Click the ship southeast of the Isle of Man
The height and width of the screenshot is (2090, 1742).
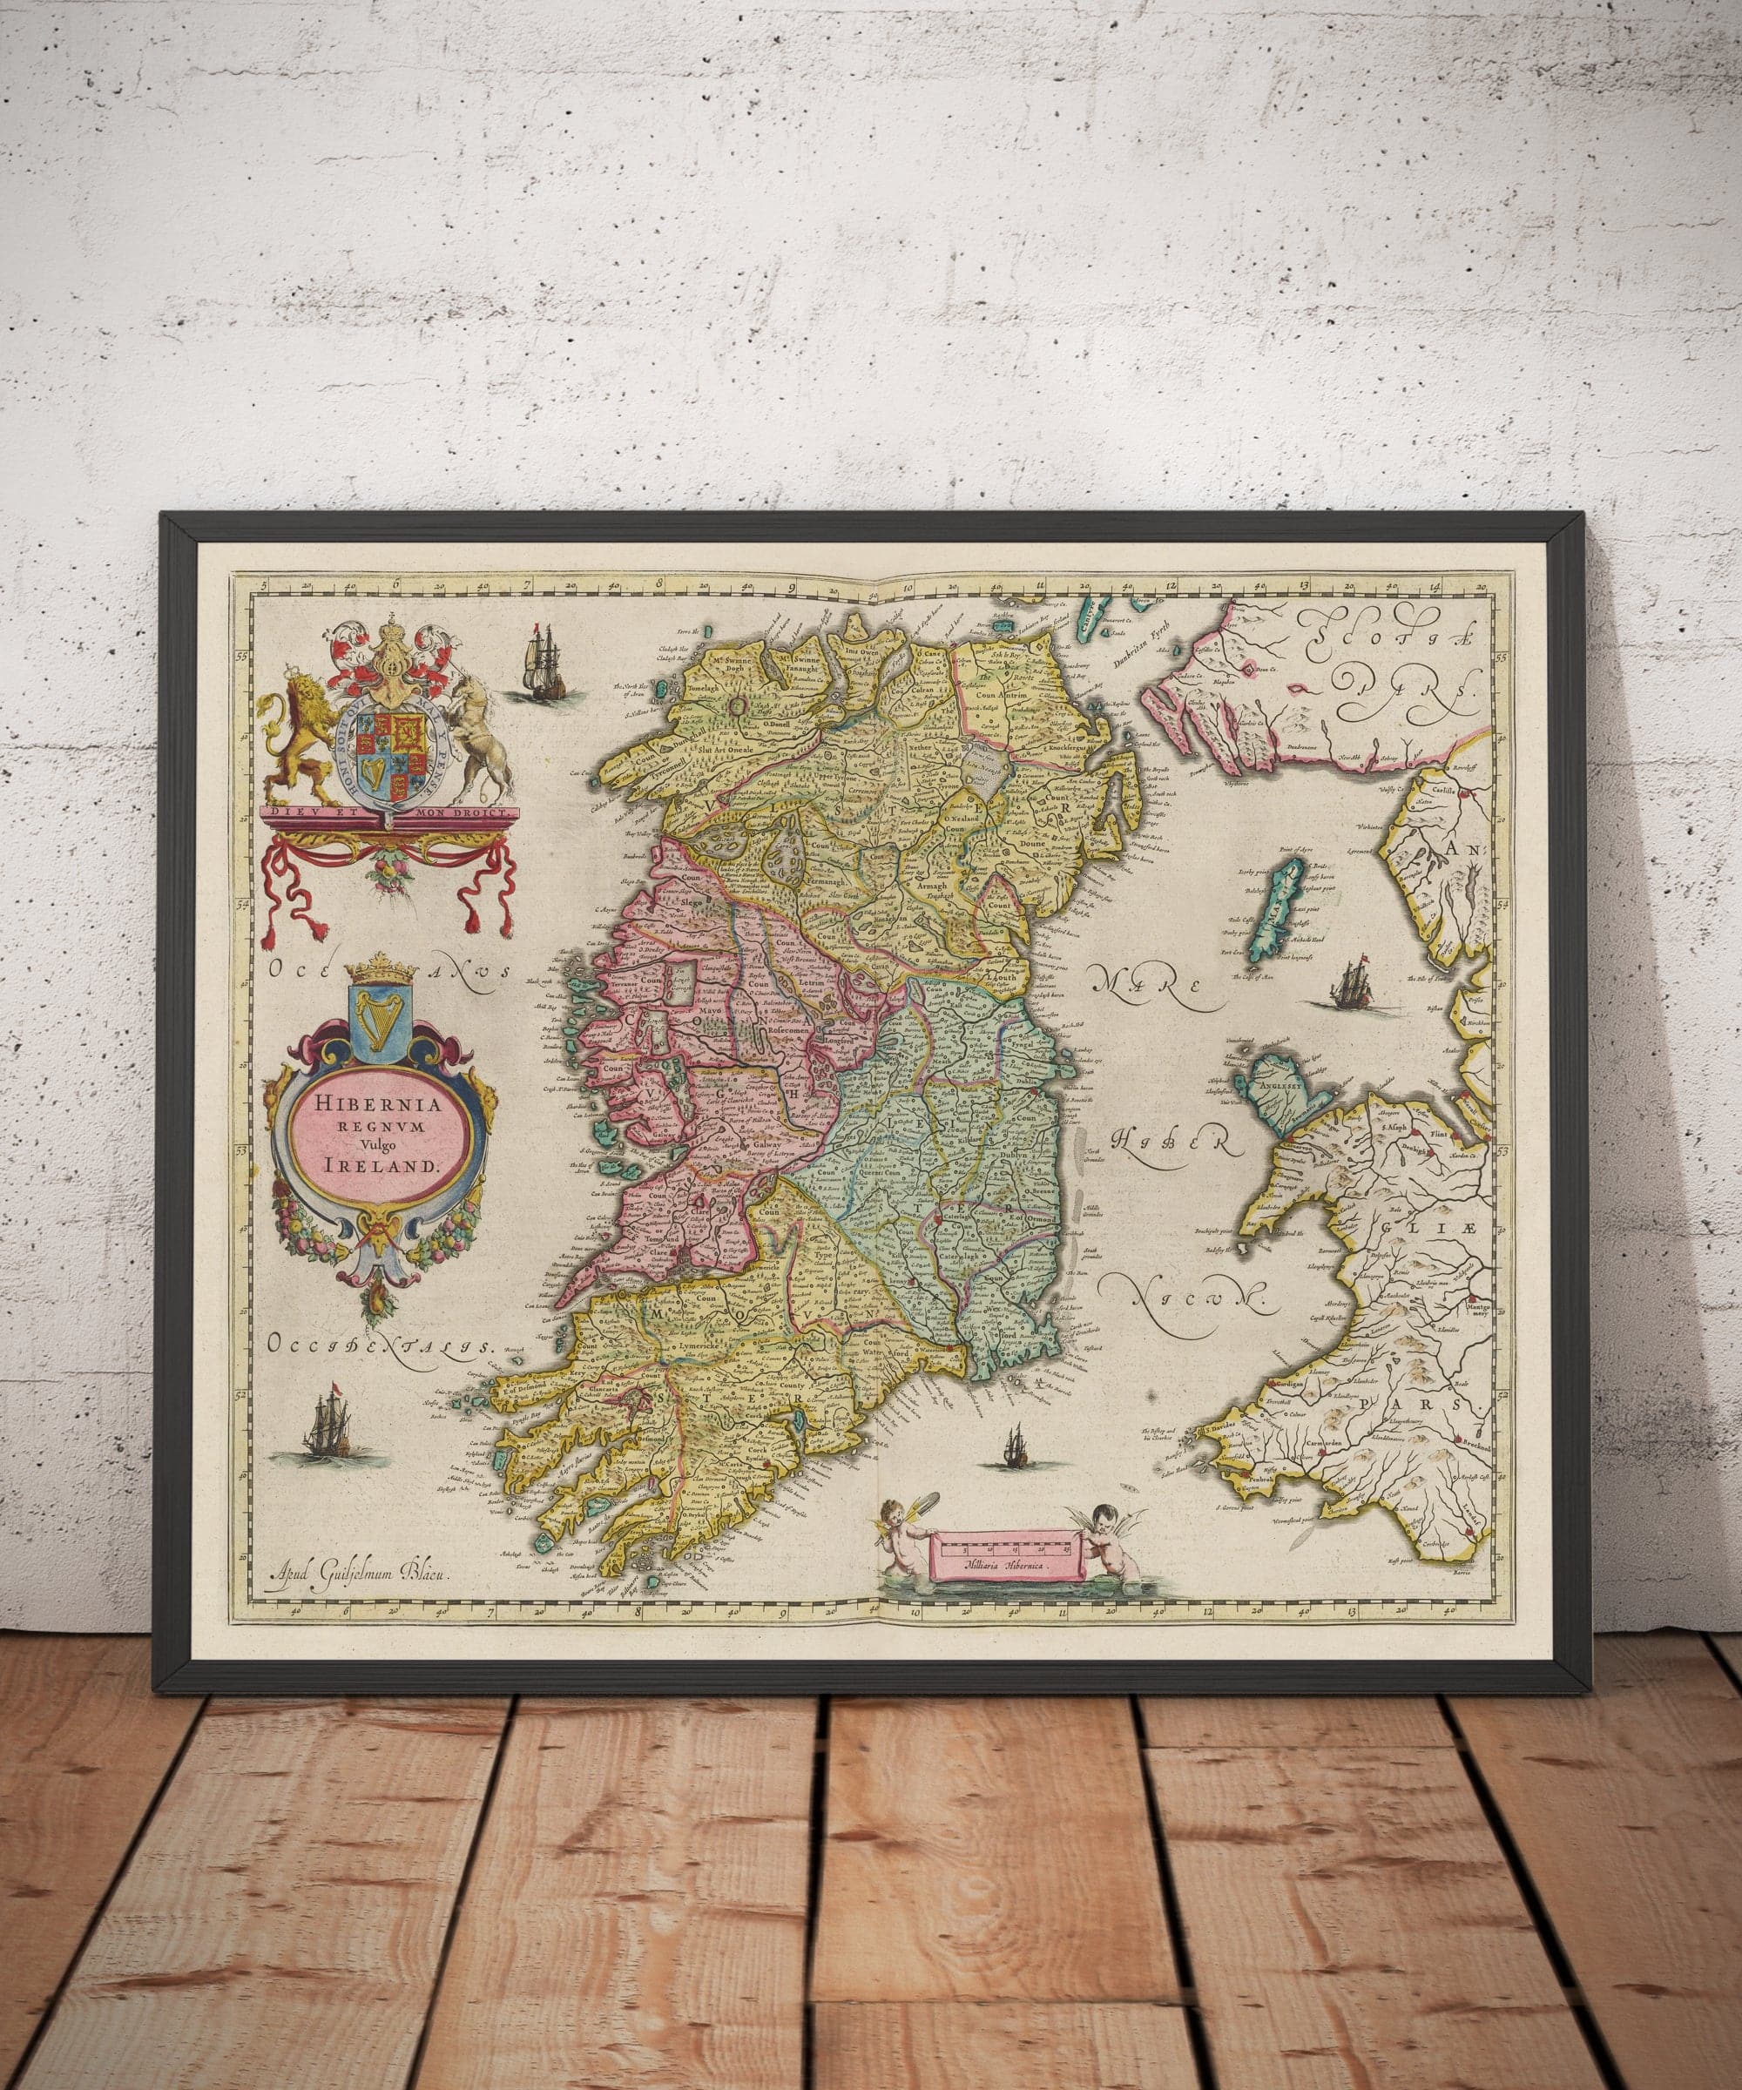[x=1352, y=981]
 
